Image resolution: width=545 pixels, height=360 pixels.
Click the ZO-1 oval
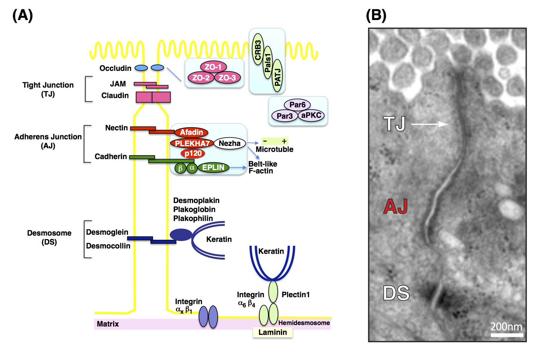[213, 67]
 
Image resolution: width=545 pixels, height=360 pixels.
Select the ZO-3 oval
[227, 78]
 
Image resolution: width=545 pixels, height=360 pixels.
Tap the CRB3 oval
[258, 49]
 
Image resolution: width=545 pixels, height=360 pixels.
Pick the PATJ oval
[277, 77]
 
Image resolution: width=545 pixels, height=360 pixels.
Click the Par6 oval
[297, 105]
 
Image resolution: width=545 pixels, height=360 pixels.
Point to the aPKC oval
[311, 115]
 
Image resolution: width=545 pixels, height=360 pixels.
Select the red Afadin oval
[191, 132]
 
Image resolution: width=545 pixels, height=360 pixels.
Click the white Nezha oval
[229, 143]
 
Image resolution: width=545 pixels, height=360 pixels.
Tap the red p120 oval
[193, 153]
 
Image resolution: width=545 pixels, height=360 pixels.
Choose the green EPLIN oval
[213, 167]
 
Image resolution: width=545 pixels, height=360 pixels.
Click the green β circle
[180, 168]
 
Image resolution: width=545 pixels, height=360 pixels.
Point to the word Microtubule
[274, 149]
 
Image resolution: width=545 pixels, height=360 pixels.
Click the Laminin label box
[272, 332]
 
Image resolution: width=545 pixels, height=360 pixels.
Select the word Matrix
[108, 324]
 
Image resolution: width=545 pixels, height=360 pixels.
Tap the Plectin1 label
[296, 295]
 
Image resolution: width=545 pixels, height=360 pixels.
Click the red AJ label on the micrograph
[395, 206]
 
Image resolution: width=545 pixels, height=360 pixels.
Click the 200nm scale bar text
[506, 327]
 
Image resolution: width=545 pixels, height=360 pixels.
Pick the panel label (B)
[376, 15]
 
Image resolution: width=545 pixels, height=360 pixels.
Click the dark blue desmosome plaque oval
[181, 235]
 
